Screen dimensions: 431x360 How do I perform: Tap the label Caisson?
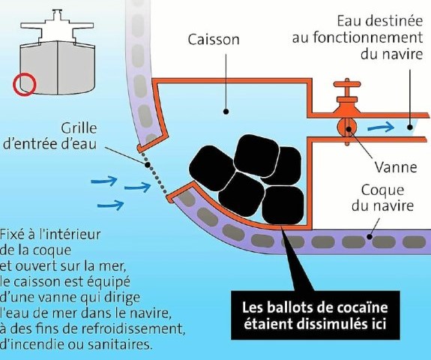[x=214, y=40]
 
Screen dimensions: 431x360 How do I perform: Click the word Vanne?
[x=396, y=167]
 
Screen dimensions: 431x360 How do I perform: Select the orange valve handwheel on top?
[x=347, y=84]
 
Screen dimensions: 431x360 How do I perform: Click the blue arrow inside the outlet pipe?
[x=381, y=127]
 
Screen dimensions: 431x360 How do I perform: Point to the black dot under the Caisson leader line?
[x=226, y=112]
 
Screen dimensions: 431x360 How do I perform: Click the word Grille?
[x=79, y=128]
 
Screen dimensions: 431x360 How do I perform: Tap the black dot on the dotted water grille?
[x=148, y=165]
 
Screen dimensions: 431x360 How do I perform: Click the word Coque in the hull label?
[x=382, y=190]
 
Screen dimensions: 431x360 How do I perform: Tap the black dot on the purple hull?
[x=370, y=236]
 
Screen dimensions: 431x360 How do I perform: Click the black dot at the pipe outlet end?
[x=410, y=127]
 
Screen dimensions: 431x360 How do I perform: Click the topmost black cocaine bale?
[x=256, y=156]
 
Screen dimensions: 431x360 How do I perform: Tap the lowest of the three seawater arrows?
[x=110, y=205]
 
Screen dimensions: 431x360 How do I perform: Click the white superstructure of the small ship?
[x=57, y=27]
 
